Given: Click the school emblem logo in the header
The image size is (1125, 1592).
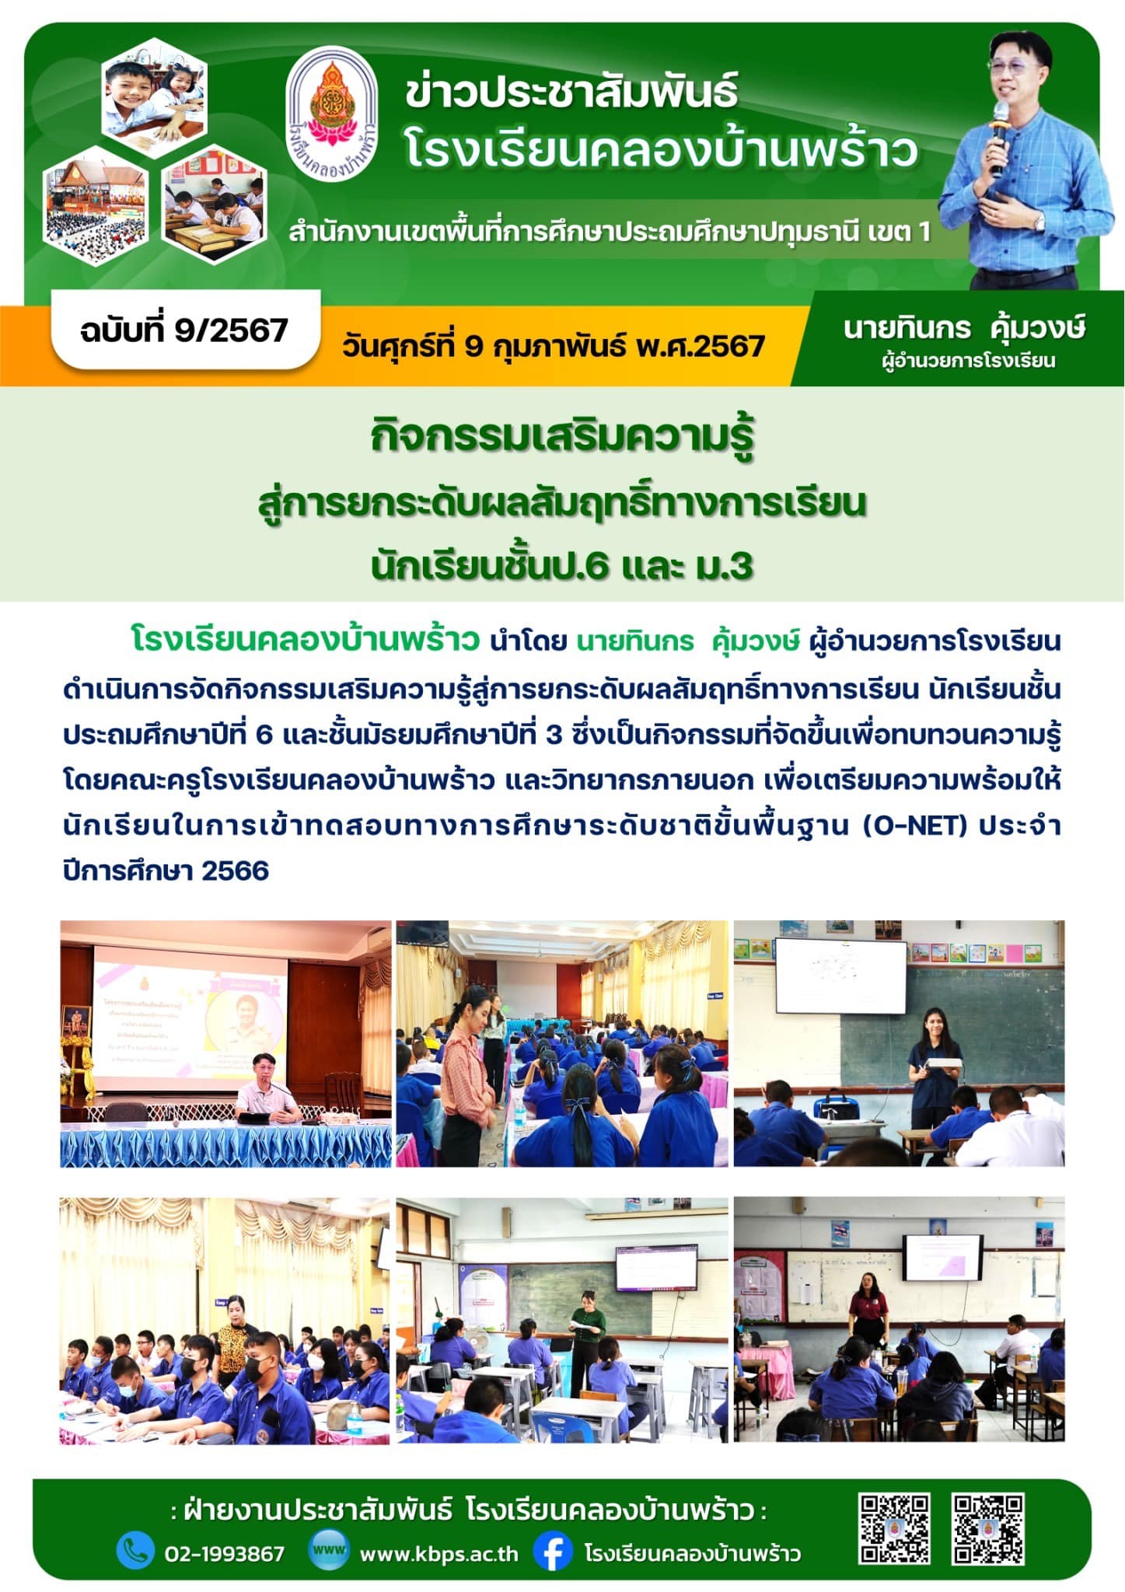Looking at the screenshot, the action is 333,113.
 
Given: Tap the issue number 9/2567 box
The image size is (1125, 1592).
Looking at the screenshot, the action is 184,330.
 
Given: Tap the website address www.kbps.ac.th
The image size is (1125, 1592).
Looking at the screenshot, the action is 439,1553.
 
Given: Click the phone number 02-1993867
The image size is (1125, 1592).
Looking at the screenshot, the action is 225,1553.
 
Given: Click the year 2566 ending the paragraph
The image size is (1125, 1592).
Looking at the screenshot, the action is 235,871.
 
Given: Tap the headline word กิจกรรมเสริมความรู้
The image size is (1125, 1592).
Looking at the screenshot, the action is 563,438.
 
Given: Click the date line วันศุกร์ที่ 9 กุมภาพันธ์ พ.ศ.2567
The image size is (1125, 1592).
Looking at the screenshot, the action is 554,346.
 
